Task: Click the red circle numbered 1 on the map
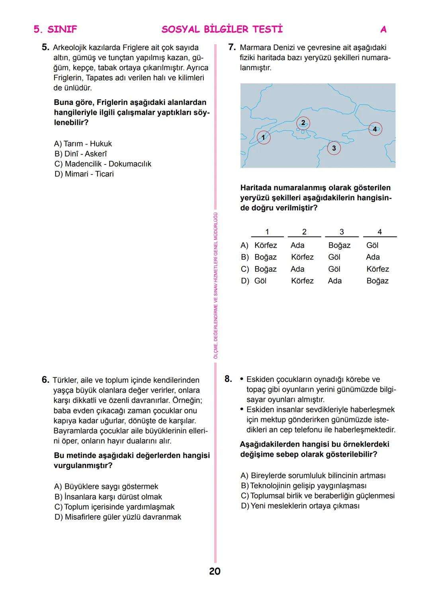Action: coord(263,138)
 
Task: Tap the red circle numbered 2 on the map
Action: coord(303,123)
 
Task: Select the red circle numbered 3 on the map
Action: coord(334,149)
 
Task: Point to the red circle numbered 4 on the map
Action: coord(375,129)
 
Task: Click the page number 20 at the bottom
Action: coord(215,571)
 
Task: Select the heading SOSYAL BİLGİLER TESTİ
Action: coord(222,29)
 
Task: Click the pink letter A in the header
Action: coord(383,29)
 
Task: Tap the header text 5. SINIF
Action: coord(55,29)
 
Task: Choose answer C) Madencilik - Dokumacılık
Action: coord(103,164)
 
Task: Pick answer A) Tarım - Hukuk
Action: coord(83,144)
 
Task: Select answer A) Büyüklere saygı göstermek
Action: coord(106,487)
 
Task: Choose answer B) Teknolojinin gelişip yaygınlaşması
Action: coord(303,486)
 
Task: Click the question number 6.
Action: coord(45,380)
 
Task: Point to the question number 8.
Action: coord(228,379)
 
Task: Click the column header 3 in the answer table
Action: coord(342,232)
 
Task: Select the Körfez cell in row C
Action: coord(377,269)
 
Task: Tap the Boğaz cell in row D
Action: coord(377,281)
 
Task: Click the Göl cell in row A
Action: coord(372,246)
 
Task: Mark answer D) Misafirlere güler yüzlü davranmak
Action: coord(117,517)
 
